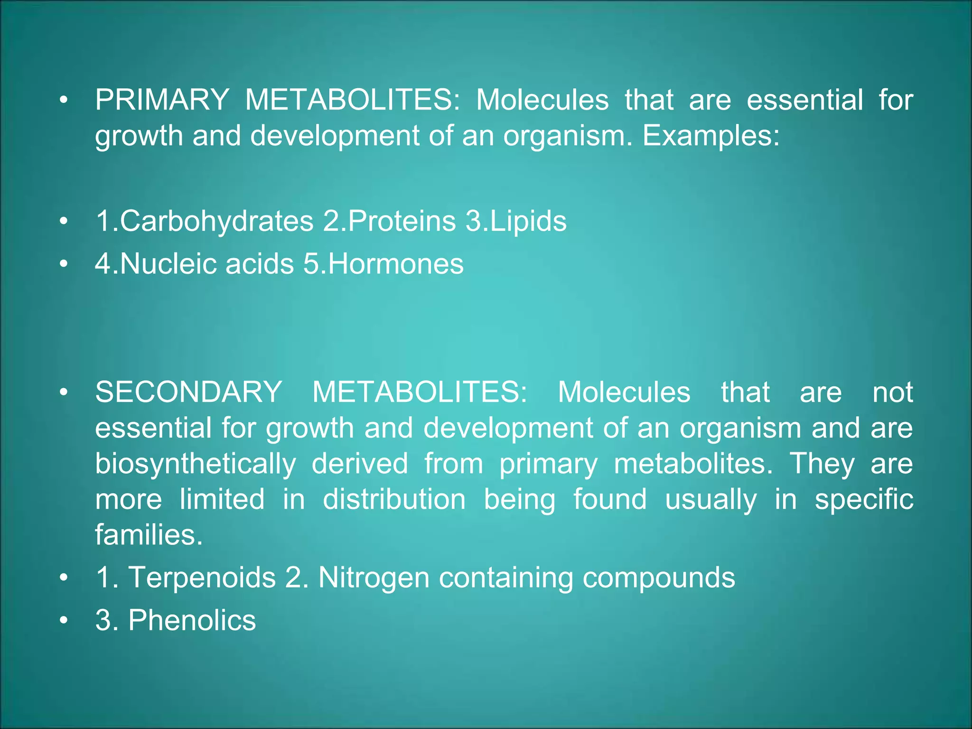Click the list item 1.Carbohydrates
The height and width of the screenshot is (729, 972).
(205, 221)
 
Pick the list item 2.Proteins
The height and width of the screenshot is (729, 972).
(389, 221)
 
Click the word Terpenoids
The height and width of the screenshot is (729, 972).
(202, 578)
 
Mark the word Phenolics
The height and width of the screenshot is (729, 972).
(192, 620)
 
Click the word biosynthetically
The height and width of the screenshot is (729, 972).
(196, 464)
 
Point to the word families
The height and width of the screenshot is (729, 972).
(149, 535)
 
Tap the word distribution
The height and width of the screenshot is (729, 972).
(394, 499)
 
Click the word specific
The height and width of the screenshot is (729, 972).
(864, 499)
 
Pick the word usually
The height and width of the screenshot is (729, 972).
(710, 499)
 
